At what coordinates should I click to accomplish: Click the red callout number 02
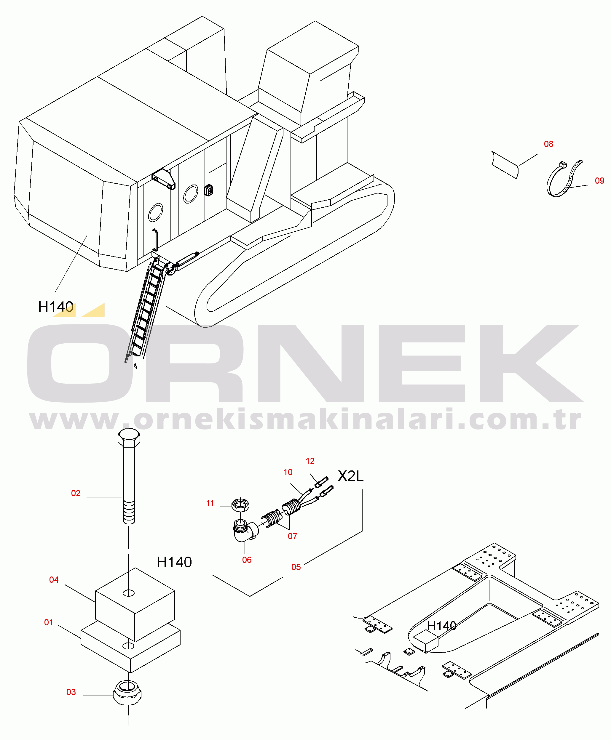click(76, 494)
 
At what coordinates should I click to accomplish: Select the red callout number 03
click(71, 692)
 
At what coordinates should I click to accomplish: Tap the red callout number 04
click(54, 580)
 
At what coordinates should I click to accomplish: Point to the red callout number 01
click(49, 622)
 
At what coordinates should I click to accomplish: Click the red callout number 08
click(548, 144)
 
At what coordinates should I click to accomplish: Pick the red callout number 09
click(599, 181)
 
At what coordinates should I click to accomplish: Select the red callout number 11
click(210, 503)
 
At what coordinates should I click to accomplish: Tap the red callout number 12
click(310, 461)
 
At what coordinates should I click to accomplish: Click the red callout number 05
click(296, 567)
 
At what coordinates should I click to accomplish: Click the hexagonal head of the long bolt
click(129, 438)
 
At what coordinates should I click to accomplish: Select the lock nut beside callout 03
click(127, 693)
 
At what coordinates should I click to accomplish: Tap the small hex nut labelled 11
click(240, 505)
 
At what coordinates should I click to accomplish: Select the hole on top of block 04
click(129, 593)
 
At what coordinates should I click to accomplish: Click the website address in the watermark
click(305, 419)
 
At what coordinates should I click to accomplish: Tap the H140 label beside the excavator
click(56, 307)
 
